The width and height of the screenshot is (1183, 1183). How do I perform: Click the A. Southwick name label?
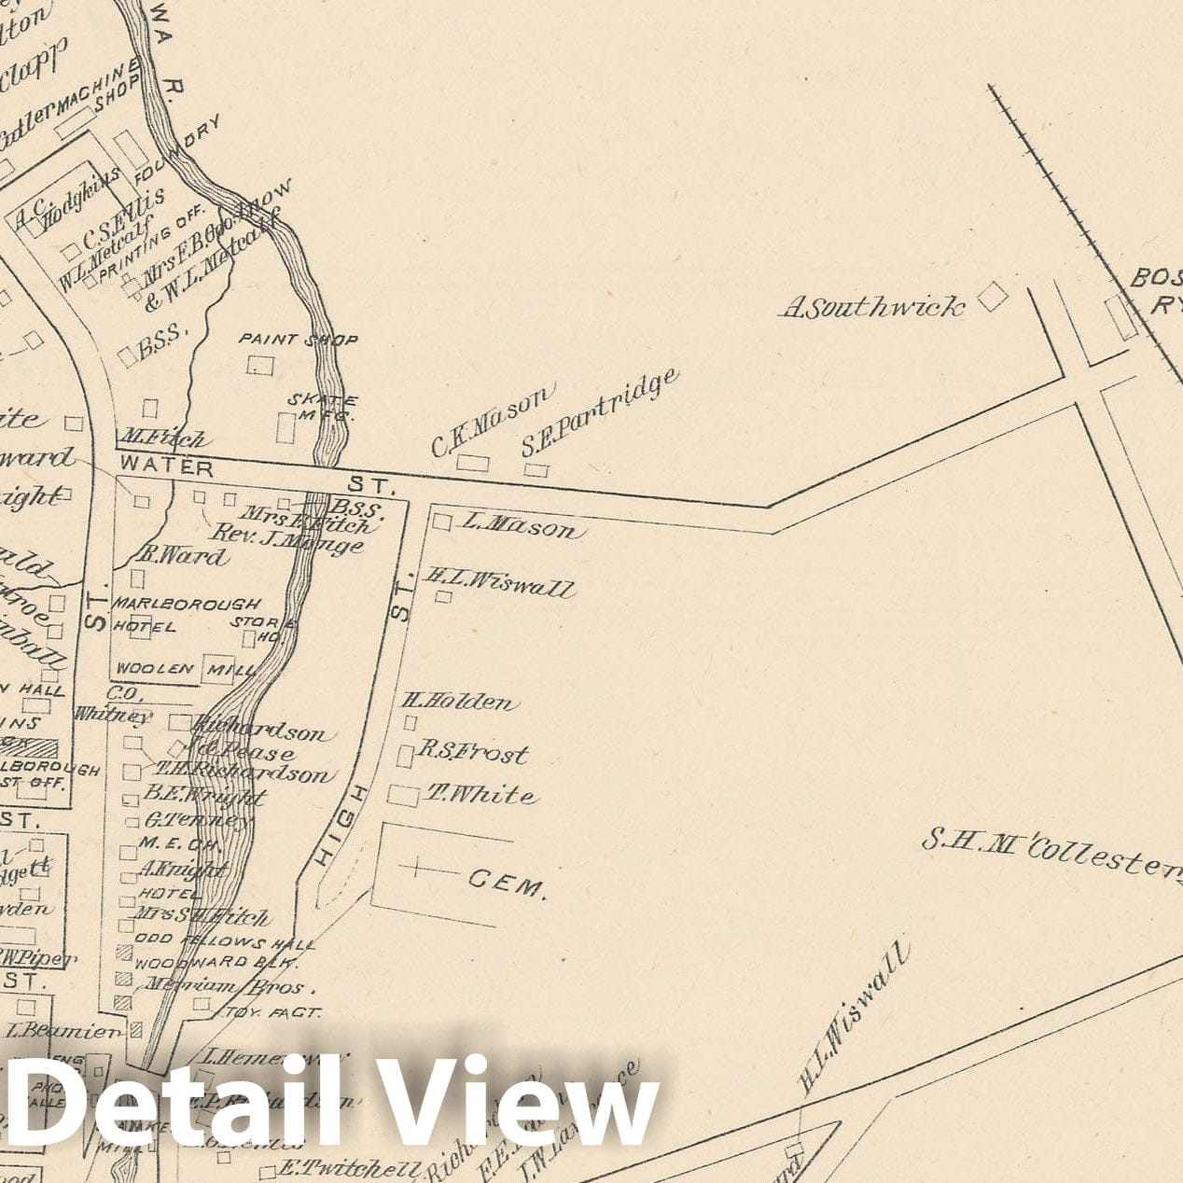[x=871, y=307]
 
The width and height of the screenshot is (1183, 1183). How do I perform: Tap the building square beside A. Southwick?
[x=993, y=298]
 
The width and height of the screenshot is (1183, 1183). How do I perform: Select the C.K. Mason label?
[x=492, y=422]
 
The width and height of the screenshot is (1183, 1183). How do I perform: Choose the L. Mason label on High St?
[x=520, y=528]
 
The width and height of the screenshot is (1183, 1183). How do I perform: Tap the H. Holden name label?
[x=459, y=702]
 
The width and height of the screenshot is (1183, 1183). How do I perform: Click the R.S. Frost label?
[x=472, y=751]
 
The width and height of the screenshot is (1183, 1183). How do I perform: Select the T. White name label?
[x=481, y=795]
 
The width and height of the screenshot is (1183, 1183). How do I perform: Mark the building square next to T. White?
[x=403, y=796]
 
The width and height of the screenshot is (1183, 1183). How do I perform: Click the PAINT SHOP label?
[x=299, y=340]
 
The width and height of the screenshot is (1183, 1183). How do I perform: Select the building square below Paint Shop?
[x=260, y=365]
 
